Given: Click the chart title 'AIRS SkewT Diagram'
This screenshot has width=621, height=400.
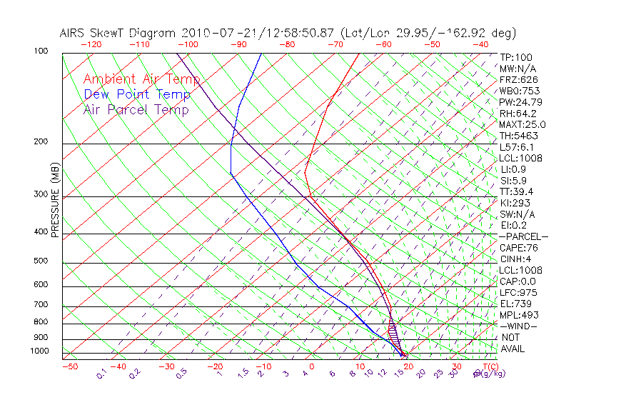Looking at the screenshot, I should coord(118,34).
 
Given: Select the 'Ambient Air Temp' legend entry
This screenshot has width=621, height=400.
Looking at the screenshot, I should coord(141,80).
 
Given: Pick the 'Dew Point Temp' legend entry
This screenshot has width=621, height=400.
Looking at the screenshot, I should coord(137,95).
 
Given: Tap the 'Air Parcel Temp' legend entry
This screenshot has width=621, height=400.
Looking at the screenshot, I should coord(136,110).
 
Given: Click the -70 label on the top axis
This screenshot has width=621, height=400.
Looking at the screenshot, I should coord(335,44).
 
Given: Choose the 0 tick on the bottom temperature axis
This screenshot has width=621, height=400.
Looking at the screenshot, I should coord(313,367).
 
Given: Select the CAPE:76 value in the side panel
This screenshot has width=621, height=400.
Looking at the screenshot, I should coord(518,248).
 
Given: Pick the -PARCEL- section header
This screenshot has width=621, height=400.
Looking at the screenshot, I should coord(523,236).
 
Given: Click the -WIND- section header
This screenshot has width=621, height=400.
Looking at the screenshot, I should coord(519,326).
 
